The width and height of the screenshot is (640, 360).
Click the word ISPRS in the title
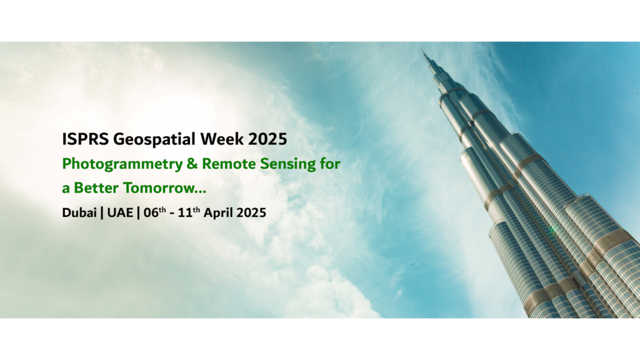(85, 139)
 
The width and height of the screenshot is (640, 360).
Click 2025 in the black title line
(267, 139)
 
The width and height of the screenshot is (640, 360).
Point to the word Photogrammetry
(122, 164)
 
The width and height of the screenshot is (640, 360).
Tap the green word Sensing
(288, 164)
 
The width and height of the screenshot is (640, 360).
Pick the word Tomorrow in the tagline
(160, 188)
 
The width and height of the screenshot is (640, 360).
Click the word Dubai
(79, 212)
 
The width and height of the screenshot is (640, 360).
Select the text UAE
(120, 212)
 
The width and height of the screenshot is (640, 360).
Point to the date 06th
(155, 212)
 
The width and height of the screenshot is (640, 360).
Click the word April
(218, 213)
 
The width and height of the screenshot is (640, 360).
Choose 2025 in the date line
(251, 212)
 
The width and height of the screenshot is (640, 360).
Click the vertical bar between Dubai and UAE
(102, 212)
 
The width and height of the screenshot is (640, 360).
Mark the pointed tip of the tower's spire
(421, 49)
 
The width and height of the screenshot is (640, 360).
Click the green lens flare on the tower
(553, 229)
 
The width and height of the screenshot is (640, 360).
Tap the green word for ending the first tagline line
(330, 164)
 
